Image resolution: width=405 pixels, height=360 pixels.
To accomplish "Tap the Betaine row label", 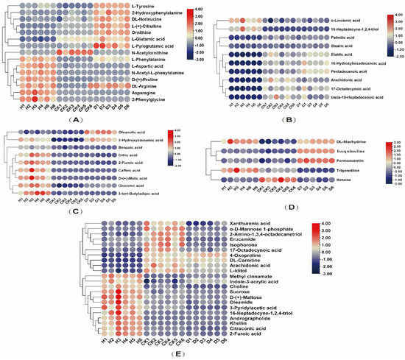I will click(x=323, y=177).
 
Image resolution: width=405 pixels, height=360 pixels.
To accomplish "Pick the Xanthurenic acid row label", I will click(x=249, y=222).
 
